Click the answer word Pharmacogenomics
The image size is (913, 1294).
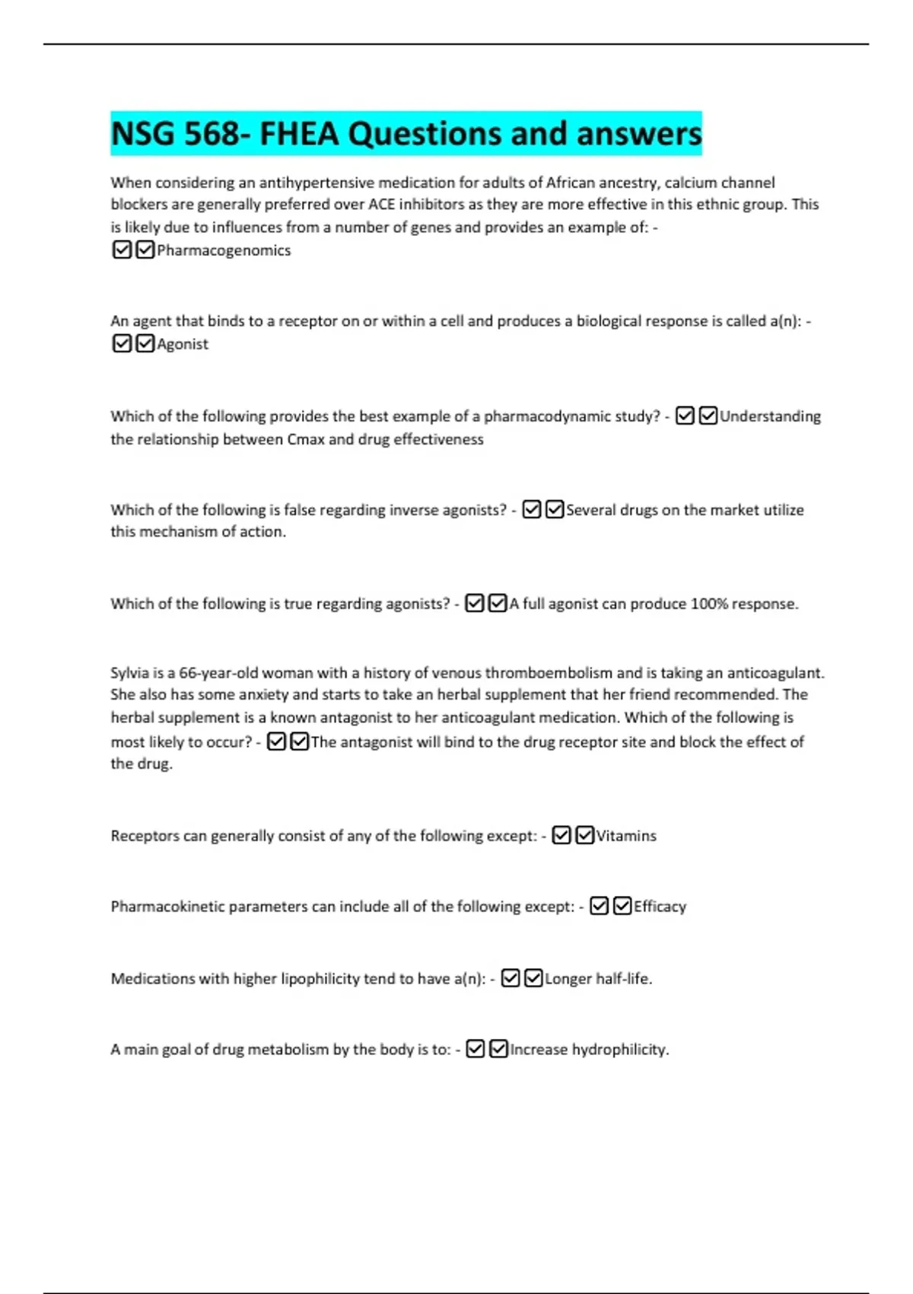tap(224, 250)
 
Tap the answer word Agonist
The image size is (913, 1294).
tap(183, 344)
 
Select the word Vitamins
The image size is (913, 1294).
tap(626, 836)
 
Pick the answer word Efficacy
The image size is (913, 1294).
tap(660, 907)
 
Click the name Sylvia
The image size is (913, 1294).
tap(130, 673)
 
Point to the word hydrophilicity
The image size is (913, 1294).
tap(620, 1050)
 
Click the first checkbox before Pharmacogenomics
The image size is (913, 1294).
tap(122, 250)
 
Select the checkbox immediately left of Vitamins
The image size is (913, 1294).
tap(584, 835)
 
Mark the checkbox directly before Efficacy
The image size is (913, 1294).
tap(622, 906)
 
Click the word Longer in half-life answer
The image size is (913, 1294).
tap(568, 979)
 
